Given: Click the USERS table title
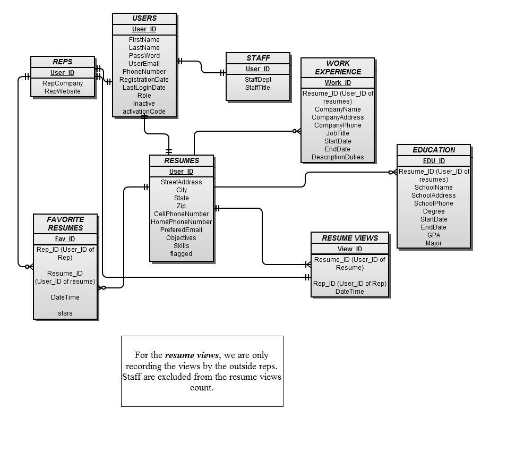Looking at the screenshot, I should click(144, 18).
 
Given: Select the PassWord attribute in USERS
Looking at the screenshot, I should click(144, 55).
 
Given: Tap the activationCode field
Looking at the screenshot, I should click(144, 112).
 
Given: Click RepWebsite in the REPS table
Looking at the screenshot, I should click(63, 91).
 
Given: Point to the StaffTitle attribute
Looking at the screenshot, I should click(257, 88).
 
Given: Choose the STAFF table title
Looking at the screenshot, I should click(258, 58).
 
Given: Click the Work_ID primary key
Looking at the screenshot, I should click(338, 83).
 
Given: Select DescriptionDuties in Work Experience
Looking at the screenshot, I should click(338, 157).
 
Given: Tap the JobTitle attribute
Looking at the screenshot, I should click(338, 133).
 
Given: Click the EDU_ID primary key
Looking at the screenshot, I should click(434, 161).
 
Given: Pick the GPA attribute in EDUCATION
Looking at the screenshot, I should click(434, 235).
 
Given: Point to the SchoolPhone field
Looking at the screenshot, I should click(434, 203).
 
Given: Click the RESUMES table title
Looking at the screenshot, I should click(182, 160).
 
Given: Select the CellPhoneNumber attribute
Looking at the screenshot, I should click(182, 214).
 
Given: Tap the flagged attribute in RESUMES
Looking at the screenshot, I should click(182, 253).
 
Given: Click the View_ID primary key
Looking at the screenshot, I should click(350, 249).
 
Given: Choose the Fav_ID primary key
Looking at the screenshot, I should click(65, 239).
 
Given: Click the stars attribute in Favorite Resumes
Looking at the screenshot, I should click(65, 313).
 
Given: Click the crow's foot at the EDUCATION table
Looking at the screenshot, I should click(393, 172).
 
